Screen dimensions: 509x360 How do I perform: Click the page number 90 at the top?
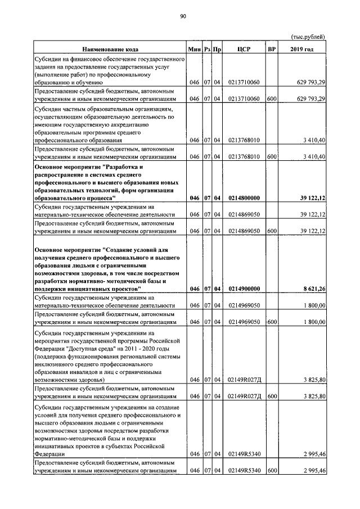(183, 16)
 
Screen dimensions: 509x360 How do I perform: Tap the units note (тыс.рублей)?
(308, 37)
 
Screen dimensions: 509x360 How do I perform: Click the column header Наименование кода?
(110, 49)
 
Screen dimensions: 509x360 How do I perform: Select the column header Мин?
(195, 49)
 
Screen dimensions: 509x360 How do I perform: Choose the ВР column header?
(272, 49)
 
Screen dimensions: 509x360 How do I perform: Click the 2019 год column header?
(302, 49)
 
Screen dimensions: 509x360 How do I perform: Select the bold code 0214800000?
(244, 198)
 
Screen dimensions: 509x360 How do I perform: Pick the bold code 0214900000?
(244, 289)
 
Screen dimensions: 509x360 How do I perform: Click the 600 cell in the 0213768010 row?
(272, 156)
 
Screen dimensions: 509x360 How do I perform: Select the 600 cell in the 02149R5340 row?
(272, 471)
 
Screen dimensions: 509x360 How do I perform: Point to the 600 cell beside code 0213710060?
(272, 98)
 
